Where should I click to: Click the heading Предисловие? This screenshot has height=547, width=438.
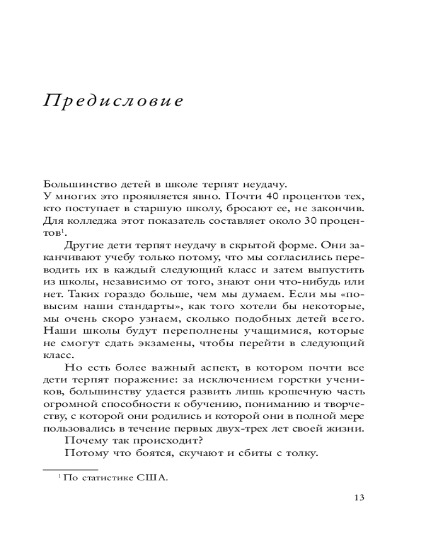coord(113,102)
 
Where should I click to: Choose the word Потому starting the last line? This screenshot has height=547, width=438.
coord(82,453)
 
